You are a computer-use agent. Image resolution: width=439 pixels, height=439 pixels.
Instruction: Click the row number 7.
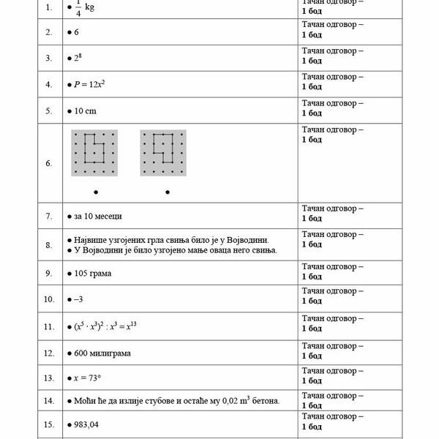48,217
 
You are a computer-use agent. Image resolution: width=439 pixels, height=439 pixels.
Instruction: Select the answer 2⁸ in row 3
78,58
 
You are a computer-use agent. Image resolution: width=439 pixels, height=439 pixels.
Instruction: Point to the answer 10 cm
85,111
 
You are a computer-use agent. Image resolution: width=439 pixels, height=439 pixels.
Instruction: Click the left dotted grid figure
94,153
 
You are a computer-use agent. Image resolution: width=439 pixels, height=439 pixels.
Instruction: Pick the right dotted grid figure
163,153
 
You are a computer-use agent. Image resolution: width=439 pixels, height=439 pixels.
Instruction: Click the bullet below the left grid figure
96,192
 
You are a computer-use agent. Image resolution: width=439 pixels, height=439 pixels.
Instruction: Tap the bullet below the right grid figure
168,192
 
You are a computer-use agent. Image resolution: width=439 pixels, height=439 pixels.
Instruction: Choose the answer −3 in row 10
80,299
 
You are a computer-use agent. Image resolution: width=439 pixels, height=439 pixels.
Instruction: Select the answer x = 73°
90,379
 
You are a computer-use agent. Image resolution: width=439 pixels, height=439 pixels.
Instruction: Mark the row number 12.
48,353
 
